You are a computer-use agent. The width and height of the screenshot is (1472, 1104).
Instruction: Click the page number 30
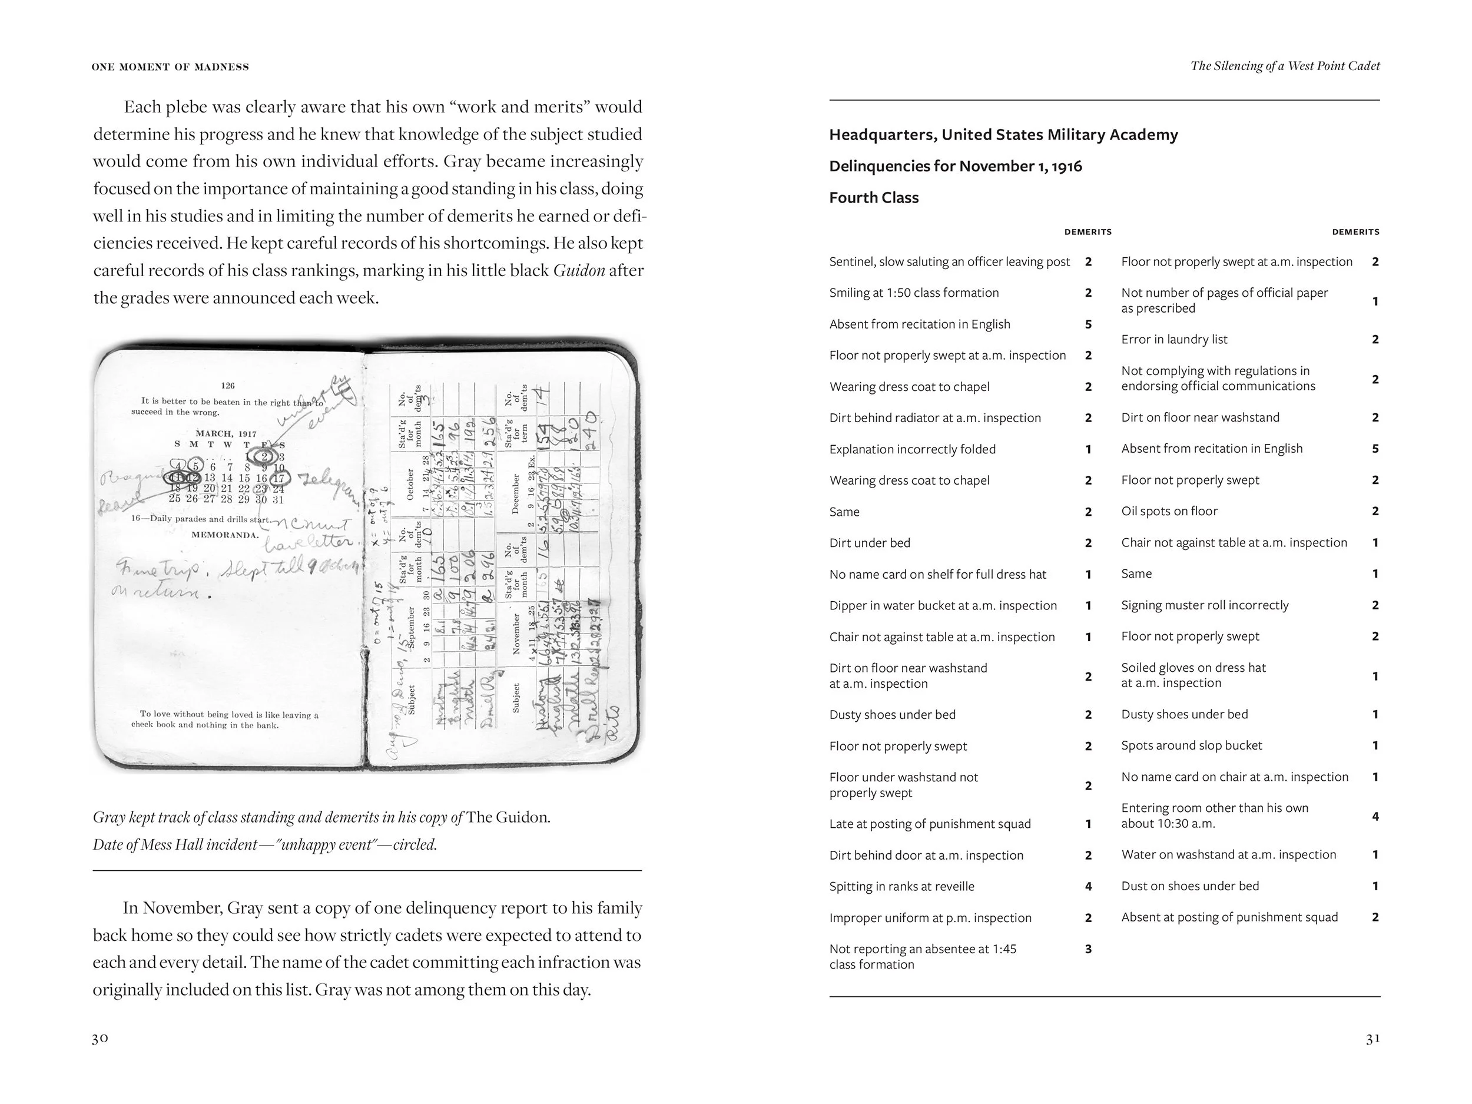pyautogui.click(x=100, y=1038)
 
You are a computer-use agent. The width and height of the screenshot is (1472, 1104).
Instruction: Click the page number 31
pyautogui.click(x=1372, y=1038)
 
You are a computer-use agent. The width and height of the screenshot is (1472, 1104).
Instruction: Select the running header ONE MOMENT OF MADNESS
pyautogui.click(x=170, y=67)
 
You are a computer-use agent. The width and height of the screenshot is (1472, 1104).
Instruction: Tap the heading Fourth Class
pyautogui.click(x=873, y=198)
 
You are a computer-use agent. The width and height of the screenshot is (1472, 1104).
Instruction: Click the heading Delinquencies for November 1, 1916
pyautogui.click(x=955, y=167)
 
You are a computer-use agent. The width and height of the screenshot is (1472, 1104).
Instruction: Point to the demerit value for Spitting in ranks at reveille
pyautogui.click(x=1088, y=886)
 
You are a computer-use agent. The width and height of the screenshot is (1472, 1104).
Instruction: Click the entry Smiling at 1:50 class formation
pyautogui.click(x=914, y=293)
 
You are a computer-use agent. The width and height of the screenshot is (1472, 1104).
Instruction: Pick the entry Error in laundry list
pyautogui.click(x=1174, y=339)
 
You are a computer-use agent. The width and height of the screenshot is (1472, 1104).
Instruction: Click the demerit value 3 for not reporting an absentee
pyautogui.click(x=1088, y=949)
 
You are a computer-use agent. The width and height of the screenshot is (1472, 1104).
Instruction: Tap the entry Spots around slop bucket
pyautogui.click(x=1191, y=745)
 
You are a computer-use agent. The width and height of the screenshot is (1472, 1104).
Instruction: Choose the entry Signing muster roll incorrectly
pyautogui.click(x=1205, y=605)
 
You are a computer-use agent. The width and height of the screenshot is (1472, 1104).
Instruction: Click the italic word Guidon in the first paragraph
pyautogui.click(x=579, y=271)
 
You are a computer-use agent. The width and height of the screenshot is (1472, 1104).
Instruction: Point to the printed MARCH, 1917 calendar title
pyautogui.click(x=226, y=434)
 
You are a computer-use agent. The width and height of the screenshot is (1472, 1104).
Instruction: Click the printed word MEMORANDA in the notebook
pyautogui.click(x=225, y=535)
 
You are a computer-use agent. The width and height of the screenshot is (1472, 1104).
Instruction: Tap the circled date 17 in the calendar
pyautogui.click(x=279, y=478)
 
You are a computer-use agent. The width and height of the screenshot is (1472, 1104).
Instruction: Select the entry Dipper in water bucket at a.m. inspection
pyautogui.click(x=942, y=605)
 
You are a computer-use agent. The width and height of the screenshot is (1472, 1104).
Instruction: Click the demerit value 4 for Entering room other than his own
pyautogui.click(x=1375, y=816)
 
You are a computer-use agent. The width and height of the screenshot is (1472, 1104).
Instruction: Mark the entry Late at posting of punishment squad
pyautogui.click(x=930, y=824)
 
